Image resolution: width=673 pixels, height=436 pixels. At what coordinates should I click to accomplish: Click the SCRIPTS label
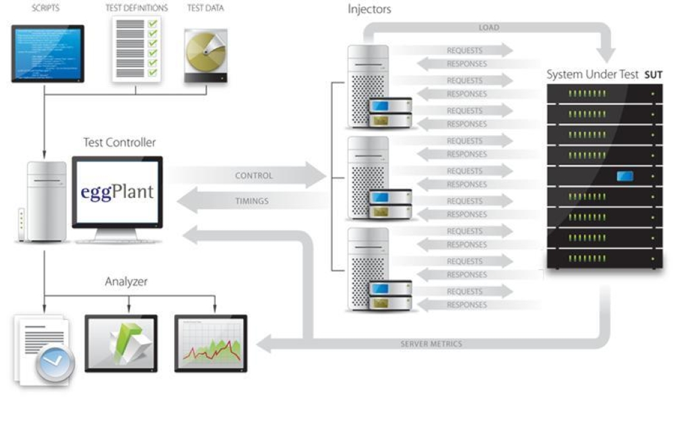click(x=46, y=9)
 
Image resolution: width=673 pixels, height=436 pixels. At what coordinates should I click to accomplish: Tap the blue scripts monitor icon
click(x=48, y=53)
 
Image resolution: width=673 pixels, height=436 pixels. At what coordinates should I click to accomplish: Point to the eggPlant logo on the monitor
click(x=118, y=192)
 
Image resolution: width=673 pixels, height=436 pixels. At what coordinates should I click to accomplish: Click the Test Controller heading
click(x=119, y=142)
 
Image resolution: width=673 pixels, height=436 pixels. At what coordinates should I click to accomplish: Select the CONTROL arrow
click(x=253, y=176)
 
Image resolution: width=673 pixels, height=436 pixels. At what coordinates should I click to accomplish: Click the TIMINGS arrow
click(x=251, y=201)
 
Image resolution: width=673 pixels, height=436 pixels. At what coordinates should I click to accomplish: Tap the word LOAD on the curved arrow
click(x=489, y=28)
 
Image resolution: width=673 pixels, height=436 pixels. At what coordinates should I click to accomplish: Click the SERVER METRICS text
click(x=432, y=344)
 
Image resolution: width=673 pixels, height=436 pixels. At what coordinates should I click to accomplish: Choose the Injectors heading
click(x=369, y=10)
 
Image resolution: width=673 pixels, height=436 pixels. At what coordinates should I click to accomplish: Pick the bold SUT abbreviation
click(x=653, y=75)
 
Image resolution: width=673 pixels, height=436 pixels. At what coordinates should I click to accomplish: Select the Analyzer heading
click(x=126, y=282)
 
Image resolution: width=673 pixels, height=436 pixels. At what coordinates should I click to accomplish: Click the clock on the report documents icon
click(x=55, y=360)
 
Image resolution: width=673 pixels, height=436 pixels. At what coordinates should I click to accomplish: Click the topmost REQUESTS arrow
click(x=465, y=50)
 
